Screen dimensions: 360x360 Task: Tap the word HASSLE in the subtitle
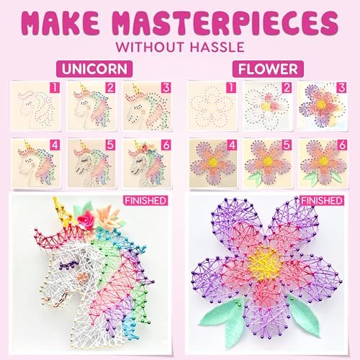pyautogui.click(x=217, y=47)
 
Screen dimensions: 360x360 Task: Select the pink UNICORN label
pyautogui.click(x=94, y=69)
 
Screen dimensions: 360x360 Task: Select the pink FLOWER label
pyautogui.click(x=268, y=69)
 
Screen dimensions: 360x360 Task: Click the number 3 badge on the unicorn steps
pyautogui.click(x=166, y=88)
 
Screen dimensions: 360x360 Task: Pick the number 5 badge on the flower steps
pyautogui.click(x=287, y=145)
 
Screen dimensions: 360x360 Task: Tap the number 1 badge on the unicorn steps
pyautogui.click(x=55, y=87)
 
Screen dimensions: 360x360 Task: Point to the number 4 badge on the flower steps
pyautogui.click(x=232, y=145)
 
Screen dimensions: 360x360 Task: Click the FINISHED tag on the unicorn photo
pyautogui.click(x=145, y=201)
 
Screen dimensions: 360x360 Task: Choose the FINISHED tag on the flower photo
pyautogui.click(x=322, y=201)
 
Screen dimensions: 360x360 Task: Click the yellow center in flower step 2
pyautogui.click(x=265, y=106)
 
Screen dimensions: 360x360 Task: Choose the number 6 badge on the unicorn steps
pyautogui.click(x=166, y=145)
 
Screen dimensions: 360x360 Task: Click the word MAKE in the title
pyautogui.click(x=62, y=23)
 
